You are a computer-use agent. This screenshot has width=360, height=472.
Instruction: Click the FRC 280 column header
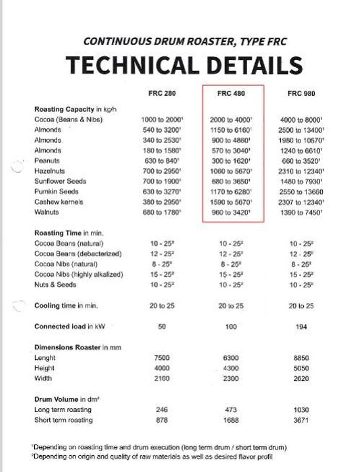(162, 94)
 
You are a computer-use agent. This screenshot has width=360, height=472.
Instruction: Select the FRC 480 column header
(231, 94)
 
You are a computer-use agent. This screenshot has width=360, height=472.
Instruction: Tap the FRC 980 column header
(301, 94)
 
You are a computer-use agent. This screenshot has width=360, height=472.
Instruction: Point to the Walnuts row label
(47, 212)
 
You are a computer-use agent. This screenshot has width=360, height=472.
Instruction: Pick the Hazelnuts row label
(49, 171)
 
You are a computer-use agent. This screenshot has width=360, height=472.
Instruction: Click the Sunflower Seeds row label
(60, 181)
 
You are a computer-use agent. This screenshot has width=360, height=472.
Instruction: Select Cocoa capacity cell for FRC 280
(162, 120)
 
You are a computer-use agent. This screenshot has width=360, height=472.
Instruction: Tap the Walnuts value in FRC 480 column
(231, 212)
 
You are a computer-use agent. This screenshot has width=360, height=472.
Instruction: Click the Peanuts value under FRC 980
(301, 161)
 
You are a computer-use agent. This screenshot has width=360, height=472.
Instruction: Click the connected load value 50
(162, 327)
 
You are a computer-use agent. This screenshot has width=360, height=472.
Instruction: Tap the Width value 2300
(231, 378)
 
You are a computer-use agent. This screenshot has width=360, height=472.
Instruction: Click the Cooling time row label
(66, 306)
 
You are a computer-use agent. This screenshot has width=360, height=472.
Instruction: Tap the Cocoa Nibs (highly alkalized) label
(79, 274)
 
